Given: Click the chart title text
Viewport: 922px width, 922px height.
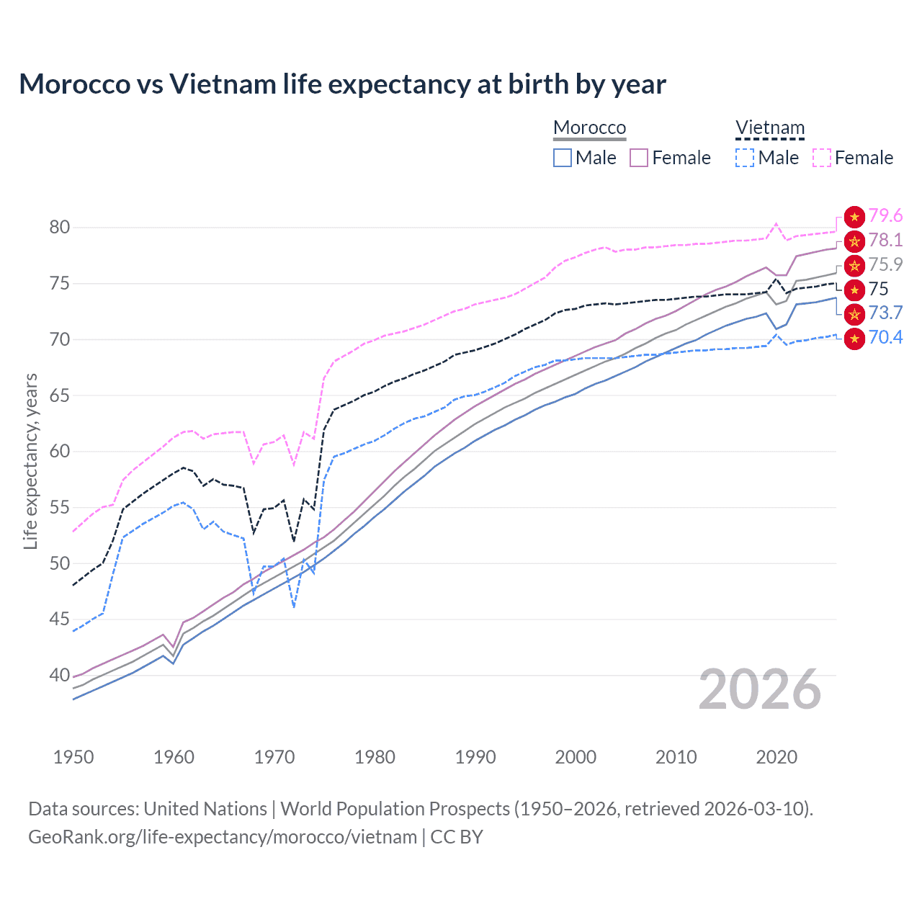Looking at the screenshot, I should tap(342, 84).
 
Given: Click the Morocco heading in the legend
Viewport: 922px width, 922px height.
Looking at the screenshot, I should tap(589, 127).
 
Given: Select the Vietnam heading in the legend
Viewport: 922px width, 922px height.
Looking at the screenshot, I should tap(769, 127).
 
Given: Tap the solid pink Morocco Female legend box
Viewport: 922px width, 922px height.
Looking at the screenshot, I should tap(639, 158).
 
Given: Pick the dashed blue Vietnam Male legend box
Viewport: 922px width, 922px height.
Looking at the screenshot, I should tap(745, 158).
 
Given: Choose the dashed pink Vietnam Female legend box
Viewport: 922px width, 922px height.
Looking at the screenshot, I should tap(822, 158).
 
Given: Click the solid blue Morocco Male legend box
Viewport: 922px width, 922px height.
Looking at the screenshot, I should tap(563, 158).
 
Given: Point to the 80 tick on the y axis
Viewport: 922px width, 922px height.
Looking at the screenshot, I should tap(60, 228).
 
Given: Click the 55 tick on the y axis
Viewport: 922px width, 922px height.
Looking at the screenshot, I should tap(60, 508).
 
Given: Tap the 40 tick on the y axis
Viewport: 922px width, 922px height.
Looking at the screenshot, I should tap(60, 676).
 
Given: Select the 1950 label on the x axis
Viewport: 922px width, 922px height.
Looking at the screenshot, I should tap(73, 757).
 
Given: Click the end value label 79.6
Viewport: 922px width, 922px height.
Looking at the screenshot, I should tap(885, 215).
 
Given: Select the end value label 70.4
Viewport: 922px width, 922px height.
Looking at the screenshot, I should tap(885, 337).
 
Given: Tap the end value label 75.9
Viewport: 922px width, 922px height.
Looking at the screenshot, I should tap(885, 264).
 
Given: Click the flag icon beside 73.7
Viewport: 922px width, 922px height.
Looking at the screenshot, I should tap(854, 314).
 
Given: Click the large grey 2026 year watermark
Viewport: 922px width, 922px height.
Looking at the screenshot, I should tap(759, 690).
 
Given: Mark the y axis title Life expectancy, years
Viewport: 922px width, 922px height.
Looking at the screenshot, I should tap(30, 461).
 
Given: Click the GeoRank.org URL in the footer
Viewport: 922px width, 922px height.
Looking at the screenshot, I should tap(223, 837).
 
